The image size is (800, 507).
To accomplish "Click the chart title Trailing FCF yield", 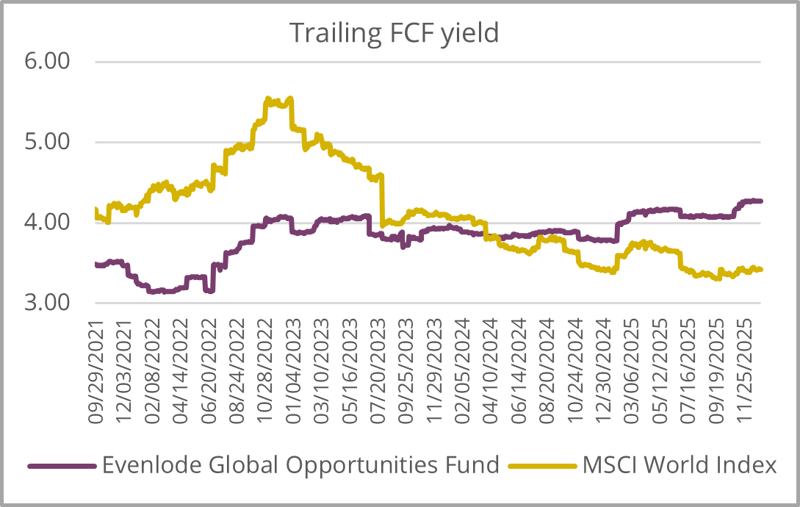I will point(394,32).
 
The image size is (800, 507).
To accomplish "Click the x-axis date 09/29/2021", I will point(96,371).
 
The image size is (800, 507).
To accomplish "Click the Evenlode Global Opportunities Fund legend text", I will point(301,465).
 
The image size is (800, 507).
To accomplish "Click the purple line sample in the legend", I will point(62,466).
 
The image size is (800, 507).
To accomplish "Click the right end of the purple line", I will point(761,201).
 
